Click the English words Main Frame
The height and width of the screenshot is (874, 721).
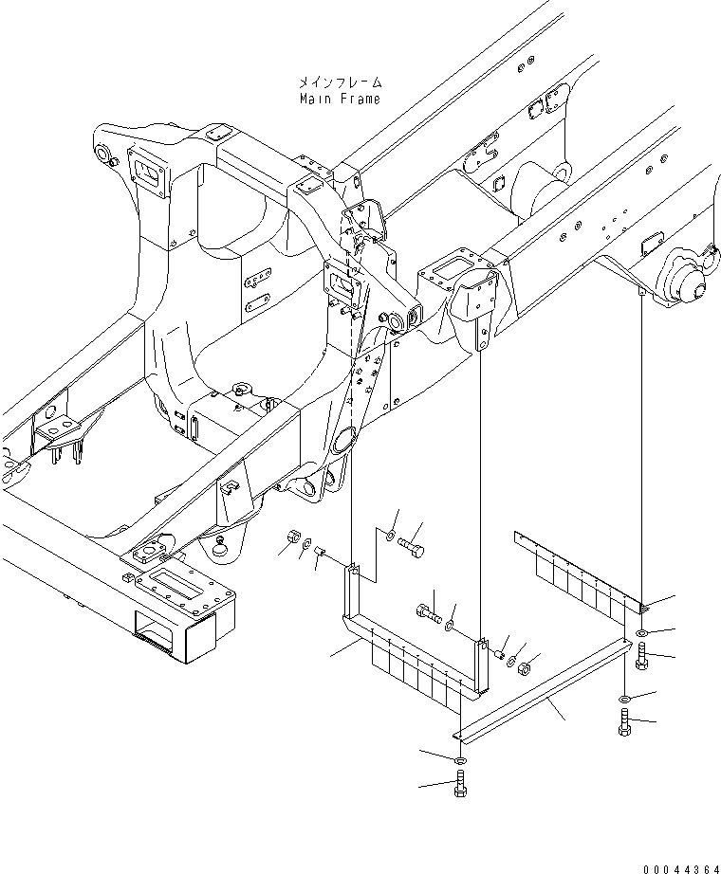pos(340,99)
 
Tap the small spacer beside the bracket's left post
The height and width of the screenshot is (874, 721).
pos(321,553)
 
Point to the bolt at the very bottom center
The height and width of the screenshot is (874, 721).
pos(461,785)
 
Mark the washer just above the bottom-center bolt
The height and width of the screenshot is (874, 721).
pos(460,761)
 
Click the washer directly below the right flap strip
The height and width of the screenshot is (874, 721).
pos(643,633)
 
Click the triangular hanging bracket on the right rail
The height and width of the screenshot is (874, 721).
pos(479,303)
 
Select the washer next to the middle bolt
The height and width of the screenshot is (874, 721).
pos(452,624)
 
